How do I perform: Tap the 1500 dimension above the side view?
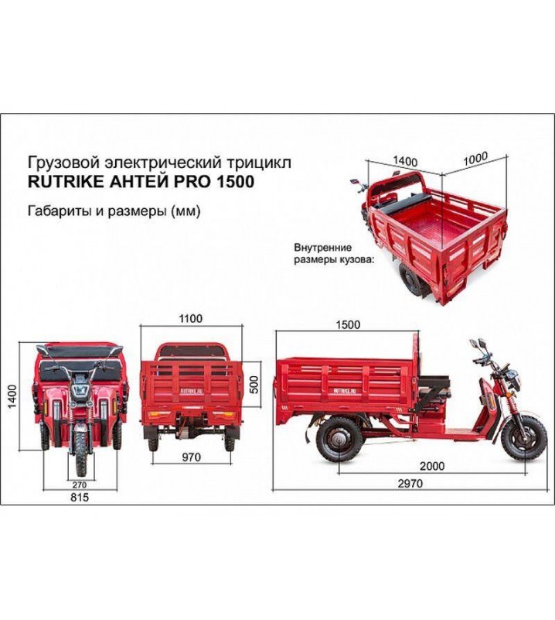pyautogui.click(x=347, y=325)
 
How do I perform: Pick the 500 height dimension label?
pyautogui.click(x=254, y=384)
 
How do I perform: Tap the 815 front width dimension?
pyautogui.click(x=79, y=498)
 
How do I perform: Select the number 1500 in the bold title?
pyautogui.click(x=233, y=183)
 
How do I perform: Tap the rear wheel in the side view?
pyautogui.click(x=338, y=440)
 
